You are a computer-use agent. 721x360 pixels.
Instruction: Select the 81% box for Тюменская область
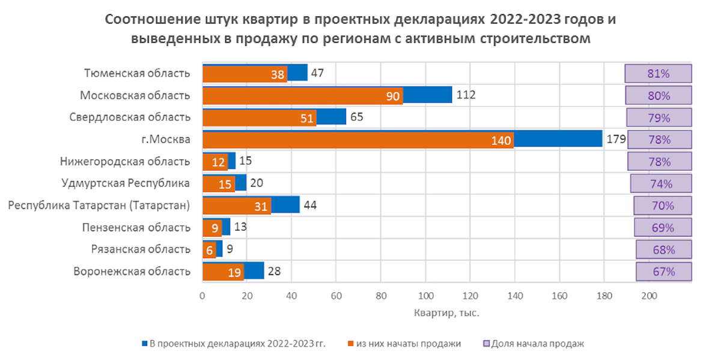click(659, 74)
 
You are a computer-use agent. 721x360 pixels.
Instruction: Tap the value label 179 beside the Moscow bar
click(616, 139)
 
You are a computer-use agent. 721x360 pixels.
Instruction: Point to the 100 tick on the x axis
click(425, 296)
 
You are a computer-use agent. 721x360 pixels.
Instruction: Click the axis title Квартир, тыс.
click(446, 313)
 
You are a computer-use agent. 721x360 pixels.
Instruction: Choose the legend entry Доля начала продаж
click(533, 344)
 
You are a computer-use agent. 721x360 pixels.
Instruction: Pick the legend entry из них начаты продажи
click(404, 344)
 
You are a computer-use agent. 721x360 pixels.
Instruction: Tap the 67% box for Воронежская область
click(663, 271)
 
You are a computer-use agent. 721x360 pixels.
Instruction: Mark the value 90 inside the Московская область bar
click(393, 96)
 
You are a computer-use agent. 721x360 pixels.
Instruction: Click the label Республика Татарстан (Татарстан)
click(99, 206)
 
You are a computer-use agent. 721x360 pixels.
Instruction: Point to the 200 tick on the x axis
click(648, 296)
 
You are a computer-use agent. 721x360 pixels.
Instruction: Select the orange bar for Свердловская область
click(259, 118)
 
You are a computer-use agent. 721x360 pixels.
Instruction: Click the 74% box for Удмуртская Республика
click(661, 183)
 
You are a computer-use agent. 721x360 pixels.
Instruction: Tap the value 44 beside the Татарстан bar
click(309, 205)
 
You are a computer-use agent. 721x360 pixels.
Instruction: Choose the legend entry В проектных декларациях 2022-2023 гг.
click(235, 344)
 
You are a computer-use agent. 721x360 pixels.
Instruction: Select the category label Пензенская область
click(136, 227)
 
